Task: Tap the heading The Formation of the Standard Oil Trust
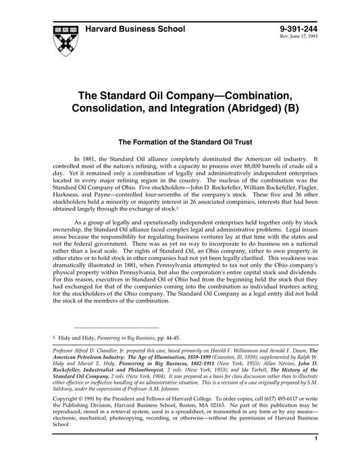(186, 143)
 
